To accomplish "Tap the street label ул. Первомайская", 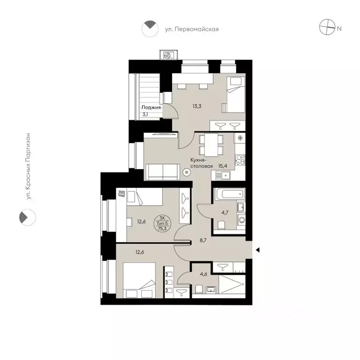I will point(192,29).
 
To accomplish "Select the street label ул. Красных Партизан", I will point(29,166).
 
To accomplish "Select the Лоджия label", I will point(151,107).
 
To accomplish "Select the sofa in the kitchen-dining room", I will point(162,172).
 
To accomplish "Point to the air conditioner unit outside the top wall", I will point(167,55).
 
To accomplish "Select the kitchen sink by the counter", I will point(224,175).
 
